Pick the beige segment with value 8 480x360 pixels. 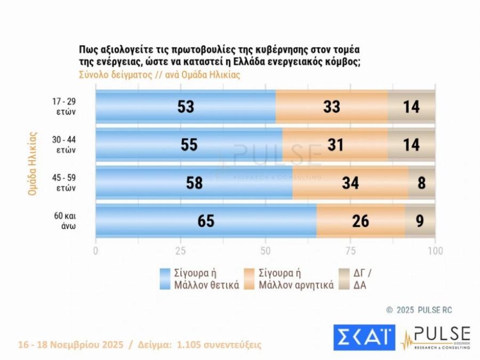coord(422,182)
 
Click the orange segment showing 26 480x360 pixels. coord(361,221)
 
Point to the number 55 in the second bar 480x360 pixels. coord(189,145)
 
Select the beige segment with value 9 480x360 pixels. coord(420,221)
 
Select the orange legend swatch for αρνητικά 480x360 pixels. coord(250,279)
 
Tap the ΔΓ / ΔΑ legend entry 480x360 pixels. coord(363,279)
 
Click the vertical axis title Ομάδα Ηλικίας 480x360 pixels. coord(33,163)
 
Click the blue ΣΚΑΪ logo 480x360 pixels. coord(364,337)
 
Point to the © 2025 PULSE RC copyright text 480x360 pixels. coord(419,310)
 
